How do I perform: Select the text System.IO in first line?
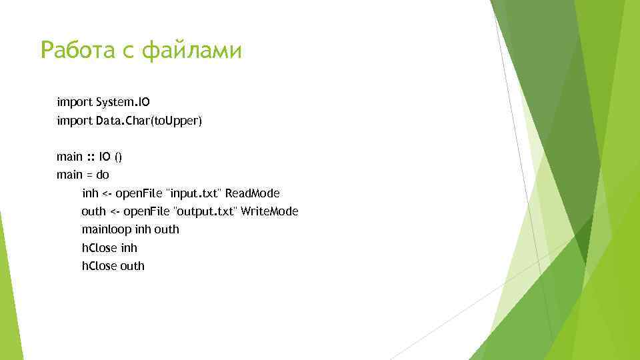tap(123, 103)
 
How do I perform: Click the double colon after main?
tap(91, 157)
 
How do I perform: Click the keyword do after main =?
tap(103, 175)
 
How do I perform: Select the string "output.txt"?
tap(205, 211)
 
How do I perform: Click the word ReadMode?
tap(253, 193)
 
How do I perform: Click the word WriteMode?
tap(269, 211)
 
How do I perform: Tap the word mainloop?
tap(107, 229)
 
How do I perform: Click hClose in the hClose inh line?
tap(99, 247)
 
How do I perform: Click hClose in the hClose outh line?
tap(99, 265)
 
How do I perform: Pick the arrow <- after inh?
tap(109, 193)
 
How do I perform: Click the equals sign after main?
tap(89, 175)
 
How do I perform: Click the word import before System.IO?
tap(75, 103)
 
